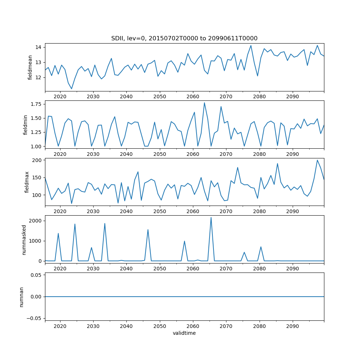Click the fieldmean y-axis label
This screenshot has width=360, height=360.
click(x=30, y=67)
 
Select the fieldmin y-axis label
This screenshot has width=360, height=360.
click(x=25, y=125)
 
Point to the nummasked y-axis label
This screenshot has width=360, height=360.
click(x=24, y=239)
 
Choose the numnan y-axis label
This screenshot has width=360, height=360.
click(x=22, y=297)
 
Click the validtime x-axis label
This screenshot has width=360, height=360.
click(x=184, y=333)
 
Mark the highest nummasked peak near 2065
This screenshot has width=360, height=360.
click(x=211, y=217)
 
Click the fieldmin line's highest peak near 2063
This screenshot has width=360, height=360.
click(x=204, y=103)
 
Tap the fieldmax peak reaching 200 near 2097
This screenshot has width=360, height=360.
click(x=317, y=160)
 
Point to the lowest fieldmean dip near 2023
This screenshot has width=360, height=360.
click(x=72, y=89)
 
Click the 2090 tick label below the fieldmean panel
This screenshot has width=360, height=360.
click(x=292, y=97)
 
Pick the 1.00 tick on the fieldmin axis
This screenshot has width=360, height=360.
click(x=36, y=146)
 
